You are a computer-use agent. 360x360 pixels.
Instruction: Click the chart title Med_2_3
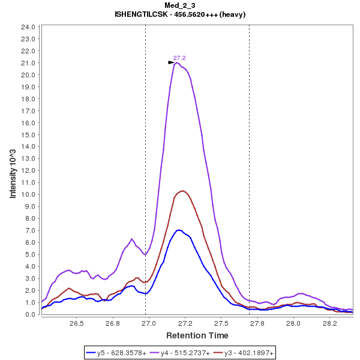click(x=179, y=5)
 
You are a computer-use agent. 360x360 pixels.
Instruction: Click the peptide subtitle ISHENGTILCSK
click(x=179, y=14)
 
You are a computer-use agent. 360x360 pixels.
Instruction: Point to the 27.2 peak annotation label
click(x=179, y=58)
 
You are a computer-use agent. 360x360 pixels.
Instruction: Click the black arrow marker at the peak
click(x=171, y=62)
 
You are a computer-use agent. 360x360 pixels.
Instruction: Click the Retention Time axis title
click(x=197, y=335)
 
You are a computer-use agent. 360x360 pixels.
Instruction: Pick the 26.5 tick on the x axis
click(x=76, y=323)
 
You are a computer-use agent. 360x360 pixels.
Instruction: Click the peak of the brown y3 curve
click(x=182, y=191)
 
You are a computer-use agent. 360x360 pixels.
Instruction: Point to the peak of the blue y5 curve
click(x=179, y=230)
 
